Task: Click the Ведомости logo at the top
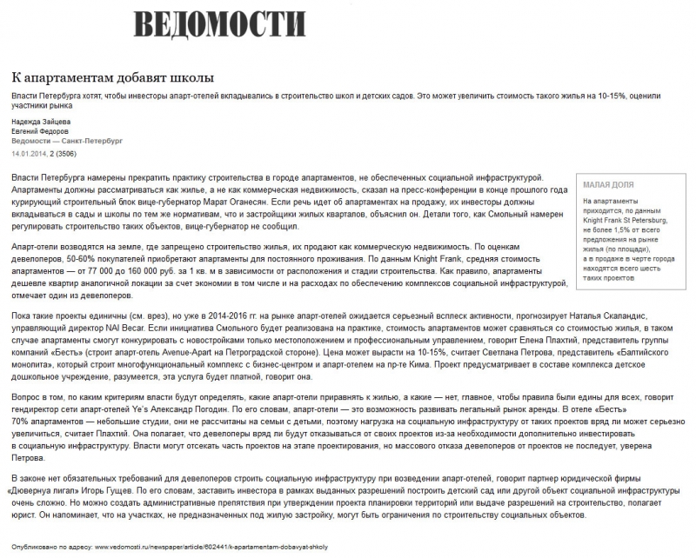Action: (x=220, y=23)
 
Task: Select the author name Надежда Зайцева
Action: (x=42, y=121)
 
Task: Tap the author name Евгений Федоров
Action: (x=41, y=130)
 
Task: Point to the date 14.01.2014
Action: (x=30, y=152)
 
